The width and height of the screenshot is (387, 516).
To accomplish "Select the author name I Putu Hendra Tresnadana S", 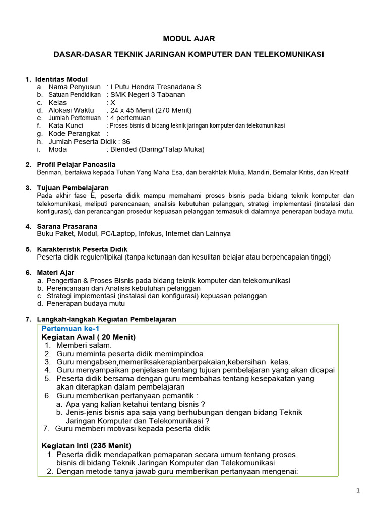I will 156,87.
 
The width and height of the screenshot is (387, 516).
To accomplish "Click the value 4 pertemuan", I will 134,118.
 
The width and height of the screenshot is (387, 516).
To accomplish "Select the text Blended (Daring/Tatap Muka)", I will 157,149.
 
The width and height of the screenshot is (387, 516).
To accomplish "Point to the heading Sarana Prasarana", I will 68,226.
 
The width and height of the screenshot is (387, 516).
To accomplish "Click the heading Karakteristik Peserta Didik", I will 82,249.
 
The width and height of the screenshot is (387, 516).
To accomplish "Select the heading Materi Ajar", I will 55,273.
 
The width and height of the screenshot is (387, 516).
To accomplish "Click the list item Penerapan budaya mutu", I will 86,304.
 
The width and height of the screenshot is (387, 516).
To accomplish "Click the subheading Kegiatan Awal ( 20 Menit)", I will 89,337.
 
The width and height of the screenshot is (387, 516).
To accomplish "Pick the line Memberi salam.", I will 84,345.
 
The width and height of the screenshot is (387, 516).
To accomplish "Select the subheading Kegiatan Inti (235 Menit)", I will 86,445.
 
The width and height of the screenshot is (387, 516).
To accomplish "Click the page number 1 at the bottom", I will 357,492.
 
